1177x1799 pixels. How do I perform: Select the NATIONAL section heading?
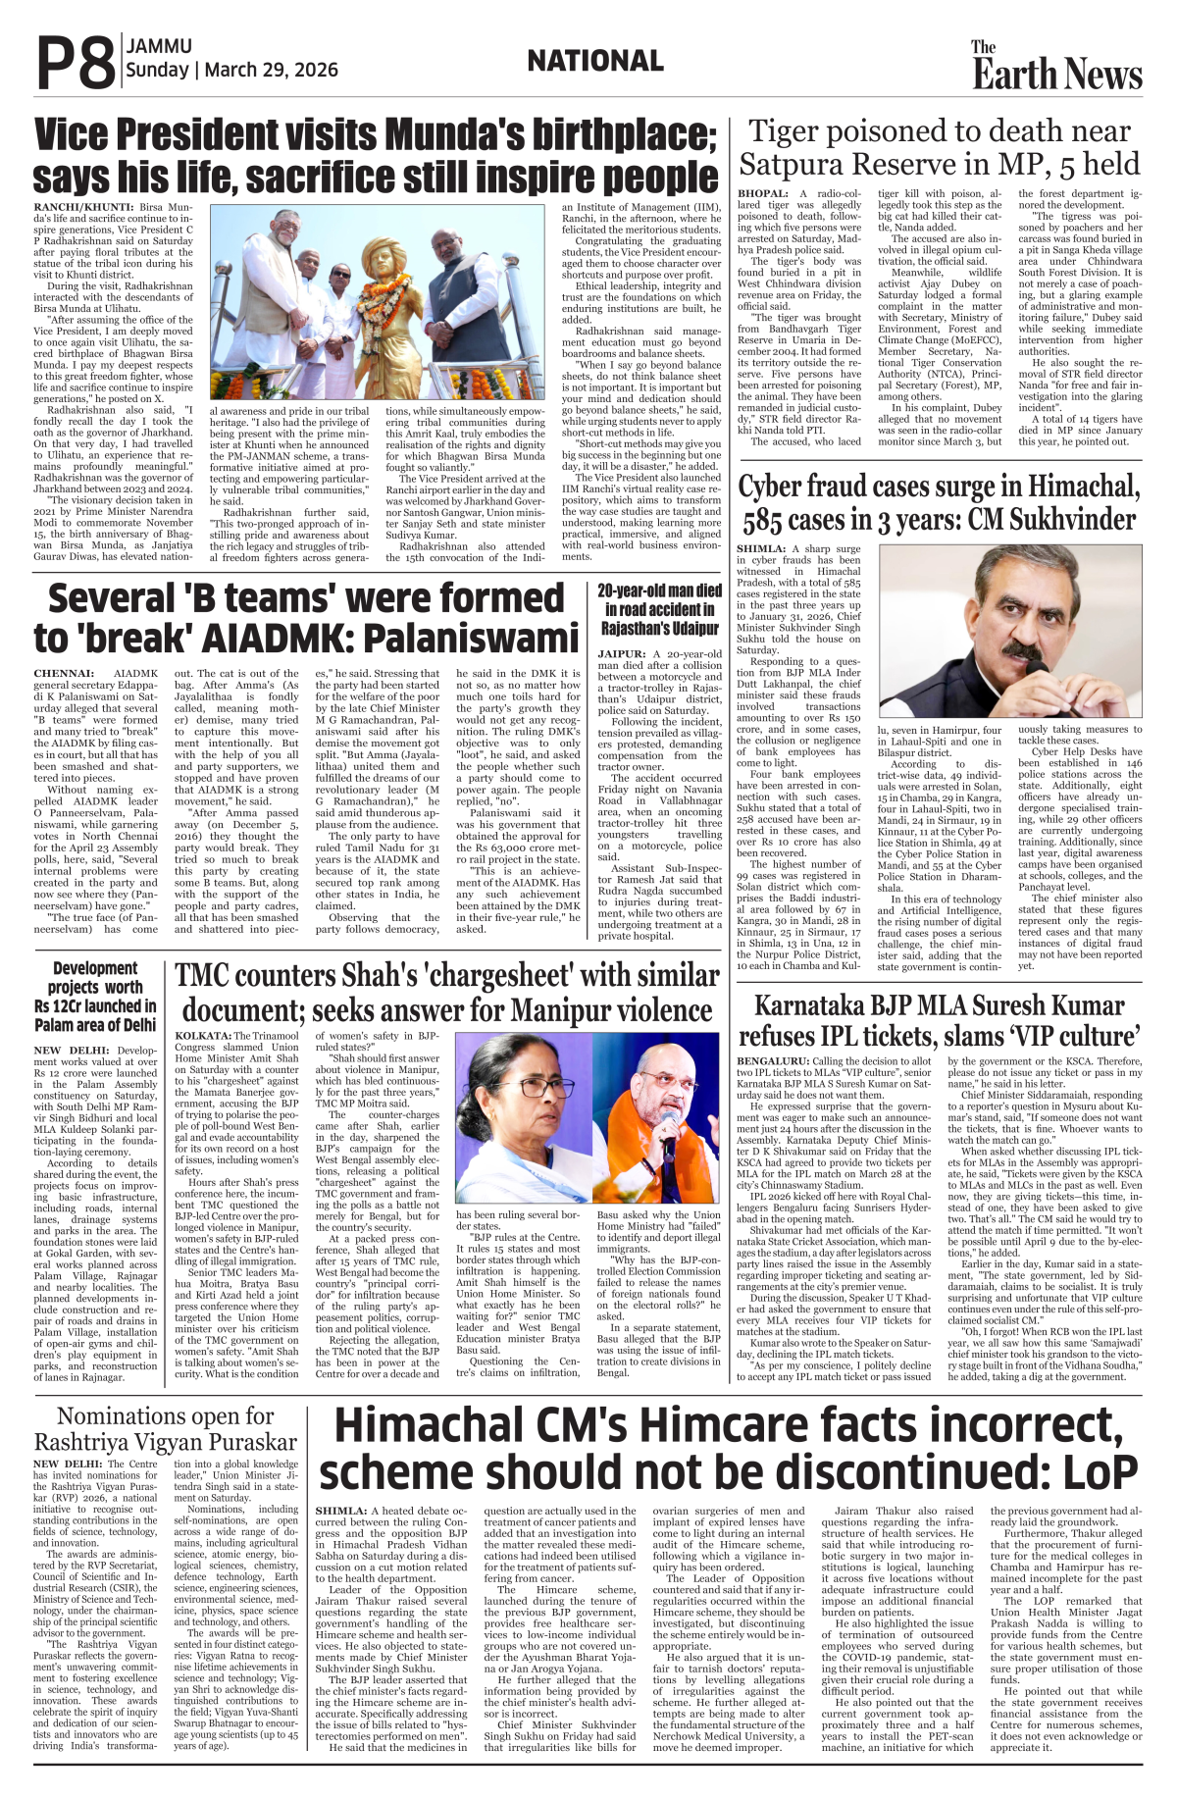click(594, 62)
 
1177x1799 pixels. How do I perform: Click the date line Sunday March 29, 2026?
click(231, 71)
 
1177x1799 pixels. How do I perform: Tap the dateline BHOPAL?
click(763, 194)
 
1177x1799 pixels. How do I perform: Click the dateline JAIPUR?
click(621, 654)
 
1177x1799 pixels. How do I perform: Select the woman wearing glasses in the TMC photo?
click(521, 1089)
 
